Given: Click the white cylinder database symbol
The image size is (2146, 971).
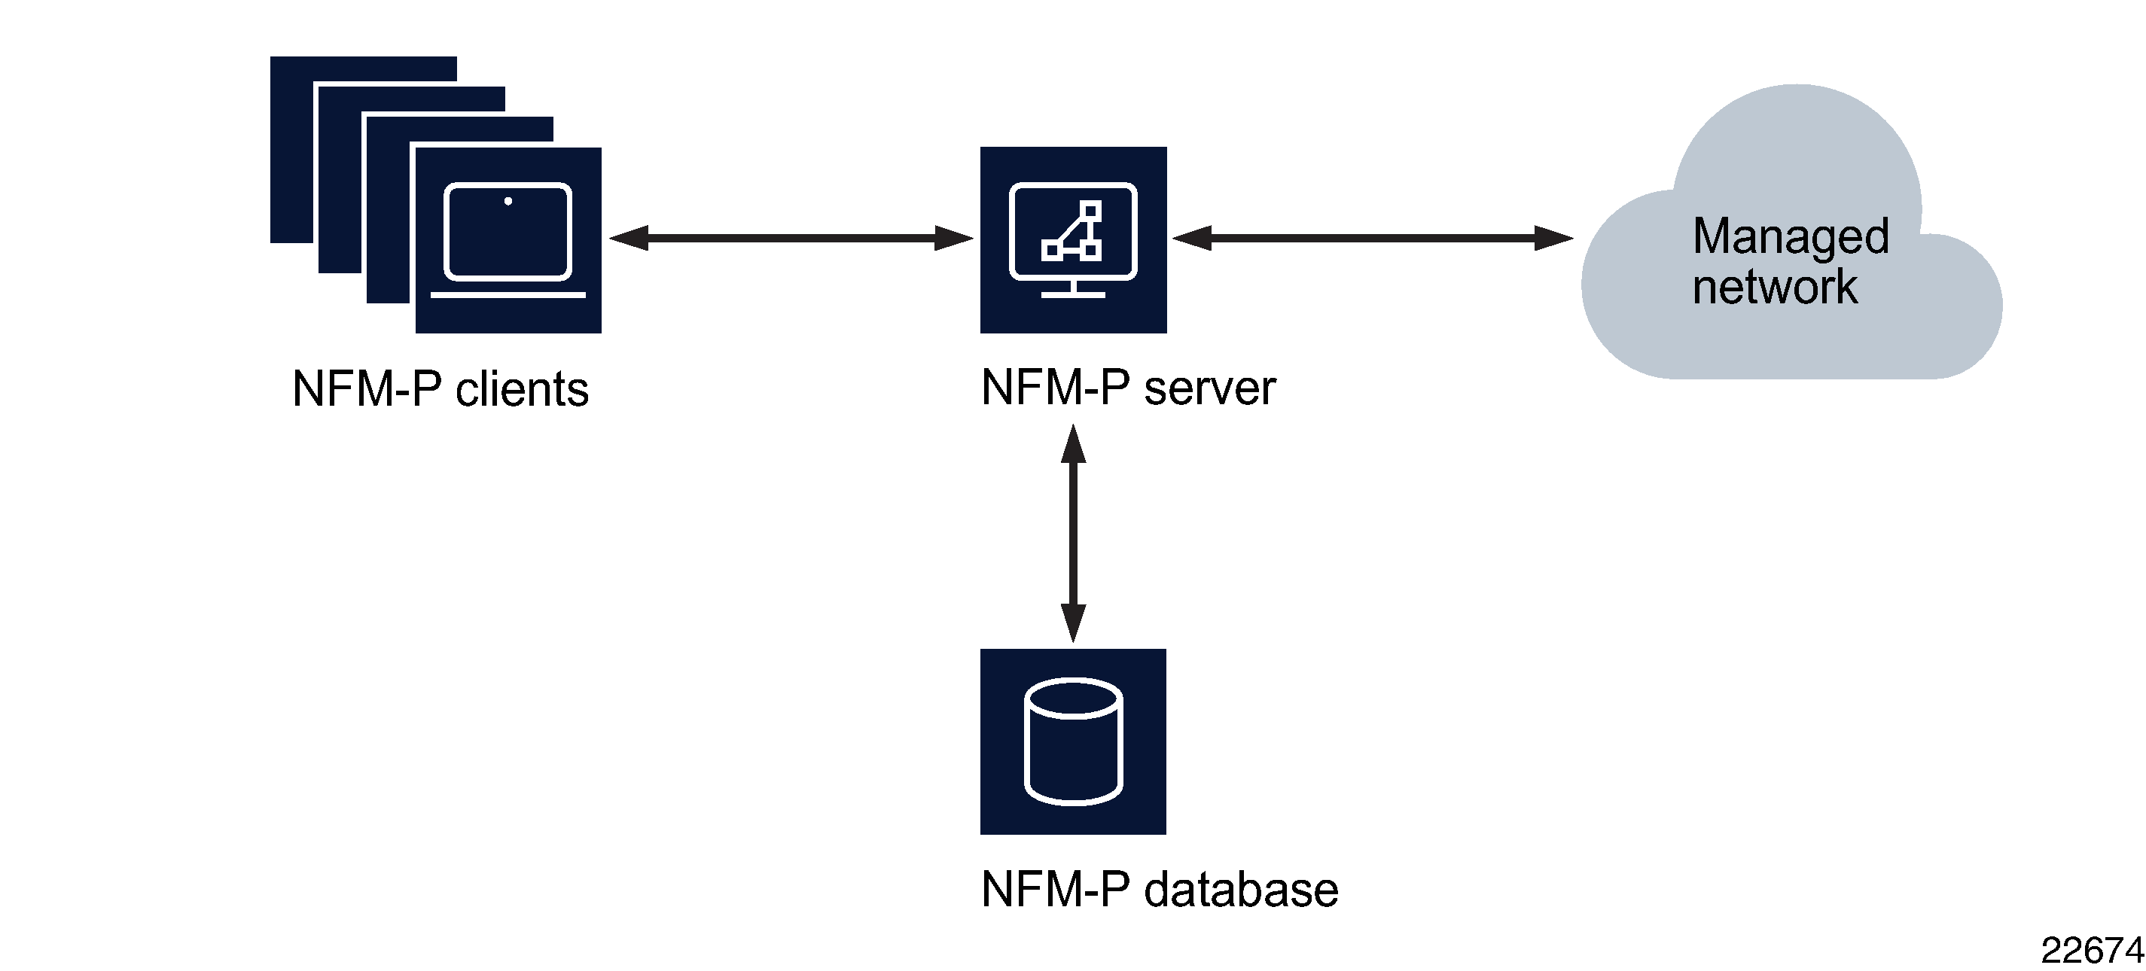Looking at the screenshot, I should (x=1073, y=741).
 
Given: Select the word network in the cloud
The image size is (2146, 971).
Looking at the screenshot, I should (x=1775, y=288).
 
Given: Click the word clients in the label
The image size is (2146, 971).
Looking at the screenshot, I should (x=522, y=389).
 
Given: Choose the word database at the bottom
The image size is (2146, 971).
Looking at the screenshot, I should (x=1241, y=890).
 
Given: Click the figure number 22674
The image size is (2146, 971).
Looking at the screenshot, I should (x=2091, y=950).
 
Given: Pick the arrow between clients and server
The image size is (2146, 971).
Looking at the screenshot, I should (x=791, y=238).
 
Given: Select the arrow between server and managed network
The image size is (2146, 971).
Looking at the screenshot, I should (x=1373, y=238).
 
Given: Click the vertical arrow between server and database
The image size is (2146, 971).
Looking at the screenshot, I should (x=1073, y=533).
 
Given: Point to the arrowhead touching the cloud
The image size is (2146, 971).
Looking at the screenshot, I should (x=1553, y=238).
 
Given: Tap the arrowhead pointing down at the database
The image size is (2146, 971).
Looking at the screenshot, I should (x=1073, y=623).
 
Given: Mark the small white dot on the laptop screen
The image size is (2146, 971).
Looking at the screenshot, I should (x=508, y=201).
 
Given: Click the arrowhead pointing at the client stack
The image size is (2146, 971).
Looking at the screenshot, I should (x=629, y=238).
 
